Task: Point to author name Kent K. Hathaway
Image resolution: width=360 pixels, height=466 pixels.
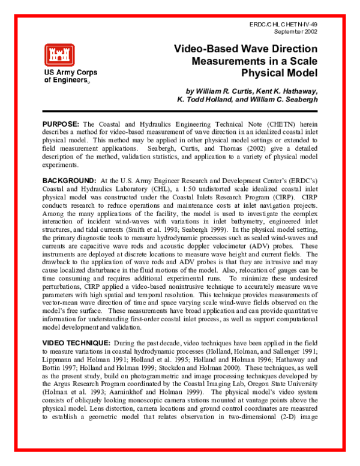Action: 285,91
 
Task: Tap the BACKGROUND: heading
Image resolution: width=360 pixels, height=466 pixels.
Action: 70,181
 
